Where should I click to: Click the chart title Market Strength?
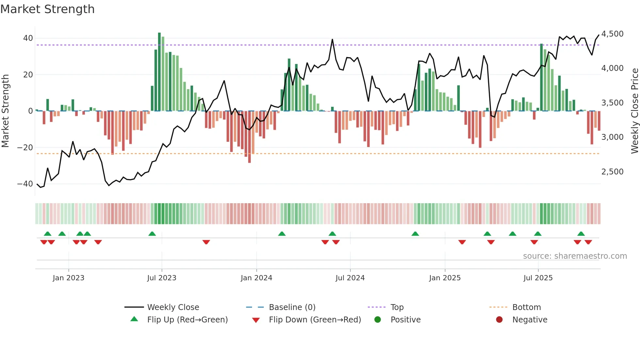(47, 9)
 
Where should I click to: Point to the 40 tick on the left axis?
(28, 38)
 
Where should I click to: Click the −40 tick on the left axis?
(25, 184)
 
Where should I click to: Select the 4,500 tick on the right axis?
(612, 34)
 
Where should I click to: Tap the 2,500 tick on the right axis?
(612, 172)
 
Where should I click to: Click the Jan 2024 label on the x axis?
(256, 278)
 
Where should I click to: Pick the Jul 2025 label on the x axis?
(538, 278)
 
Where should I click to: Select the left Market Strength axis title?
(6, 111)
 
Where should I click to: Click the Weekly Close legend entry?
(173, 307)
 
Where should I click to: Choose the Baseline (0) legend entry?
(292, 307)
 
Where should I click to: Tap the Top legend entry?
(397, 307)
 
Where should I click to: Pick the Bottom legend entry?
(526, 307)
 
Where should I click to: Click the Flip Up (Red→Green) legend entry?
(187, 320)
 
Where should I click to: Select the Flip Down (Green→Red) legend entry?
(315, 320)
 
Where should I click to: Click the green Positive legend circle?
(378, 320)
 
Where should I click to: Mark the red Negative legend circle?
(499, 320)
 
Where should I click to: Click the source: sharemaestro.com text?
(575, 256)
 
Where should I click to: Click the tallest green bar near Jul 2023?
(159, 72)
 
